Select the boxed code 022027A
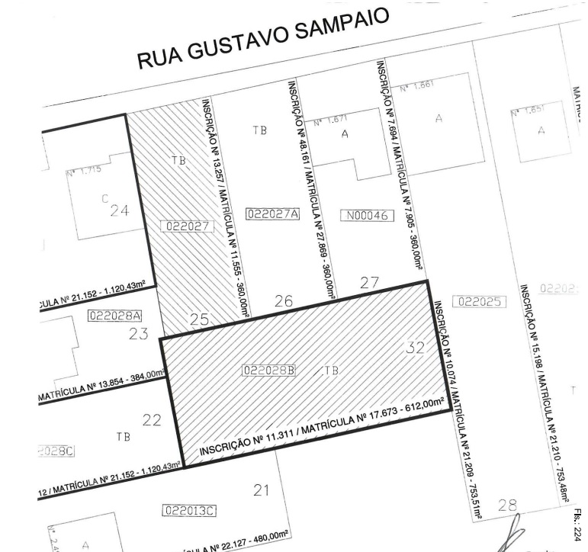(273, 214)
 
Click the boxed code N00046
(365, 216)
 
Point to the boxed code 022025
(480, 301)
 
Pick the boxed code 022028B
(268, 371)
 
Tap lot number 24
(119, 211)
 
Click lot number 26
(283, 302)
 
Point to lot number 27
(370, 283)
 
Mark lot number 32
(415, 348)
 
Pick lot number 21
(262, 490)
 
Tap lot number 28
(507, 504)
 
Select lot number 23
(138, 333)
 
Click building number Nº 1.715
(84, 171)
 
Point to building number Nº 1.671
(331, 120)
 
